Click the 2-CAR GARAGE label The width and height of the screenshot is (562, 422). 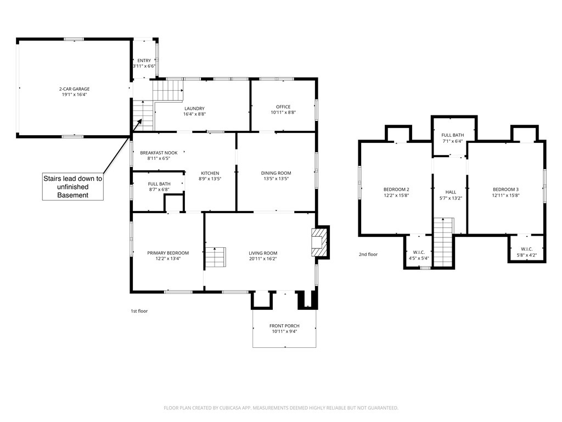tap(74, 89)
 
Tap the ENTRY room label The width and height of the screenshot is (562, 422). tap(144, 60)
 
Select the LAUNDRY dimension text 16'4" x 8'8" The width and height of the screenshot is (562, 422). tap(194, 114)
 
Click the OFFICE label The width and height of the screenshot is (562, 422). tap(283, 107)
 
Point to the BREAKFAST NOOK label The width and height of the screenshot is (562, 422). tap(159, 152)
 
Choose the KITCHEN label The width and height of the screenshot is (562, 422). tap(210, 173)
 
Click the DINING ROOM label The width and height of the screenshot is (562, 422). tap(276, 173)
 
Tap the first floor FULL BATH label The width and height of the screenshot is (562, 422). tap(159, 184)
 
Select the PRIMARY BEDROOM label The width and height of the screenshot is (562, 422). tap(167, 253)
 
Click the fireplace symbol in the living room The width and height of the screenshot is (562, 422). tap(318, 242)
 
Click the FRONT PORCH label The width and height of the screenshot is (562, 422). tap(284, 326)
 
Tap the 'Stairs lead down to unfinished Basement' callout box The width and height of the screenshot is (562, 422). tap(73, 187)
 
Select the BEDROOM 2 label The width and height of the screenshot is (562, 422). tap(396, 190)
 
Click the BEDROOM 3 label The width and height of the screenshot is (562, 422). tap(505, 190)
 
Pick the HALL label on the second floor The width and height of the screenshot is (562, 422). tap(451, 192)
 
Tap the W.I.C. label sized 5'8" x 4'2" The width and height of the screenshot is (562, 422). tap(527, 249)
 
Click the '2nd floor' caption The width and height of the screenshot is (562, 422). tap(368, 254)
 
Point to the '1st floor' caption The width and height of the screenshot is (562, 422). tap(139, 311)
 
